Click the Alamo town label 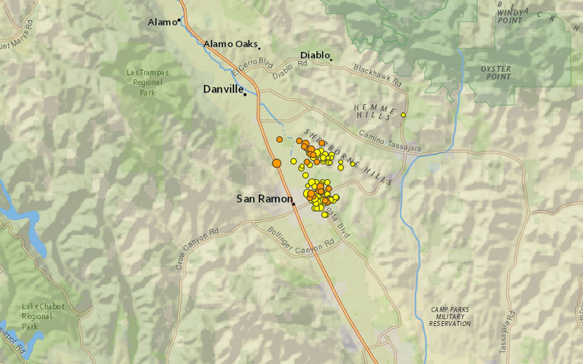[161, 22]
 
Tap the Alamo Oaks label [230, 44]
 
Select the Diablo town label [315, 55]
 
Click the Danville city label [222, 90]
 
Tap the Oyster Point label [496, 74]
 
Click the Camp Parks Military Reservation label [450, 316]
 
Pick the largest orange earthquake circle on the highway [277, 163]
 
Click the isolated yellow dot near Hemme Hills [403, 114]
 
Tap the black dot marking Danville [246, 93]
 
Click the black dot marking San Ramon [294, 205]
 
